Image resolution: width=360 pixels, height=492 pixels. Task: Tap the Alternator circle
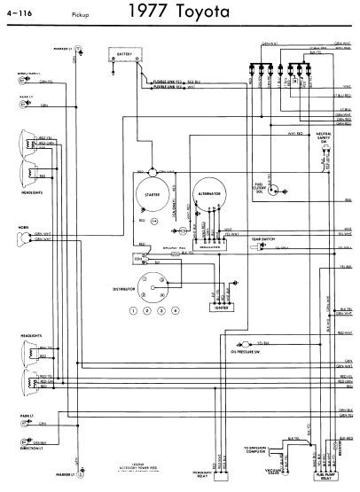point(206,199)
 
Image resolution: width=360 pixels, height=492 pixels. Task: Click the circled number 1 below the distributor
point(133,310)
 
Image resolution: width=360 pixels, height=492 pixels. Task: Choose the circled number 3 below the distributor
point(161,310)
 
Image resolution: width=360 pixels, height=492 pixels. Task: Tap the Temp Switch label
point(262,240)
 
